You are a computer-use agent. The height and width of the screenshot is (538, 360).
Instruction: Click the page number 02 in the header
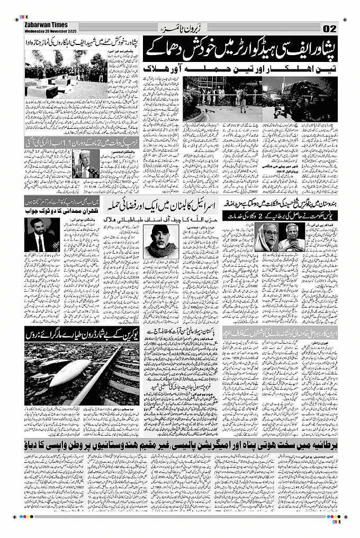pyautogui.click(x=329, y=28)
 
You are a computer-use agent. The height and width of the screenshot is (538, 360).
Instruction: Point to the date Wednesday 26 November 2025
pyautogui.click(x=47, y=30)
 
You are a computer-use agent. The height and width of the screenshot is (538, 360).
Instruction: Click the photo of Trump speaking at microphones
pyautogui.click(x=84, y=165)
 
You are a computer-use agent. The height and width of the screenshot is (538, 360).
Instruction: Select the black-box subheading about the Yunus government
pyautogui.click(x=280, y=217)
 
